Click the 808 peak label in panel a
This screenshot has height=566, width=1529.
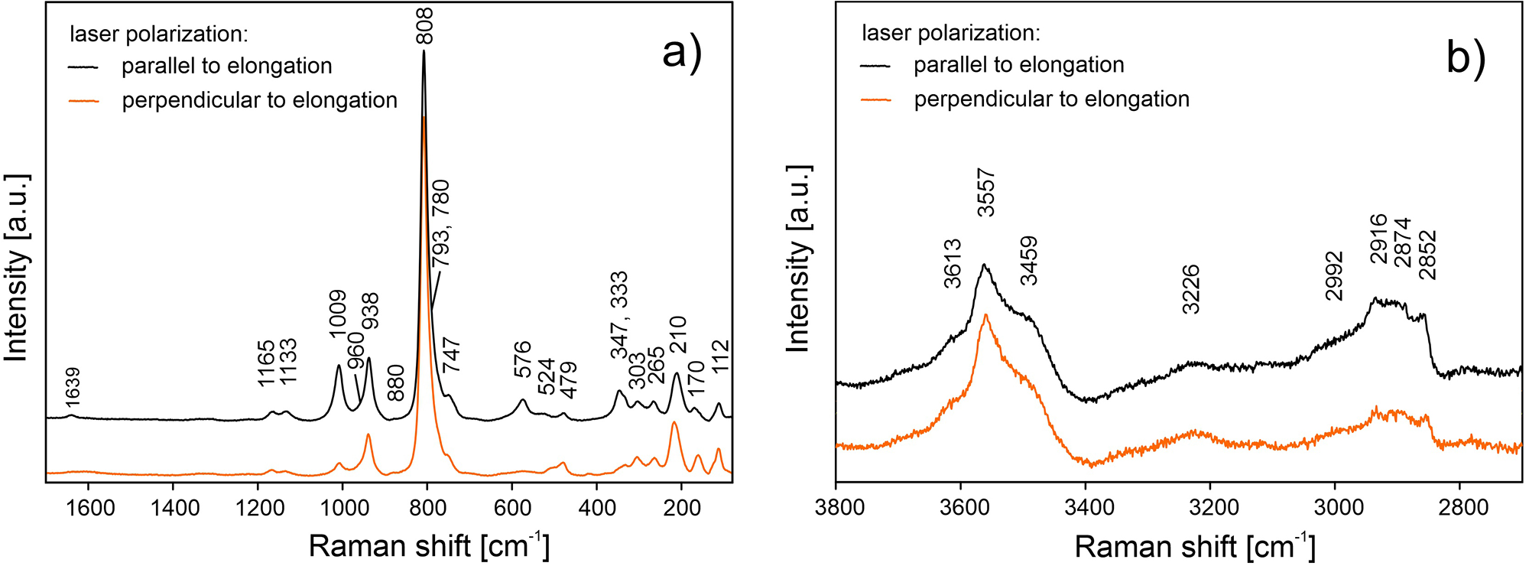424,26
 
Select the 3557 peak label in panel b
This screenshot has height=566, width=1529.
986,193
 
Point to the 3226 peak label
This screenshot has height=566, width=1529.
1190,289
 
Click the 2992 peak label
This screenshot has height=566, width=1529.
1334,275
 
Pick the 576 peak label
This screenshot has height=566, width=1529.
522,359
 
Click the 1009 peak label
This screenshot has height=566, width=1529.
337,314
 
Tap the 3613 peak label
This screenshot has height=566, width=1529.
952,263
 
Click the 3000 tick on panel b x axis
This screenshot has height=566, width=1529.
1335,508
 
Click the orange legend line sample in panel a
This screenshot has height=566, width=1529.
84,101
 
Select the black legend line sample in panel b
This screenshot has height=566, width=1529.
875,66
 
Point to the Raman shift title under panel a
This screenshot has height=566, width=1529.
429,545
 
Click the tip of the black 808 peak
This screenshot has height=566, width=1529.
424,51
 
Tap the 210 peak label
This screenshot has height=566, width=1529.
678,334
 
